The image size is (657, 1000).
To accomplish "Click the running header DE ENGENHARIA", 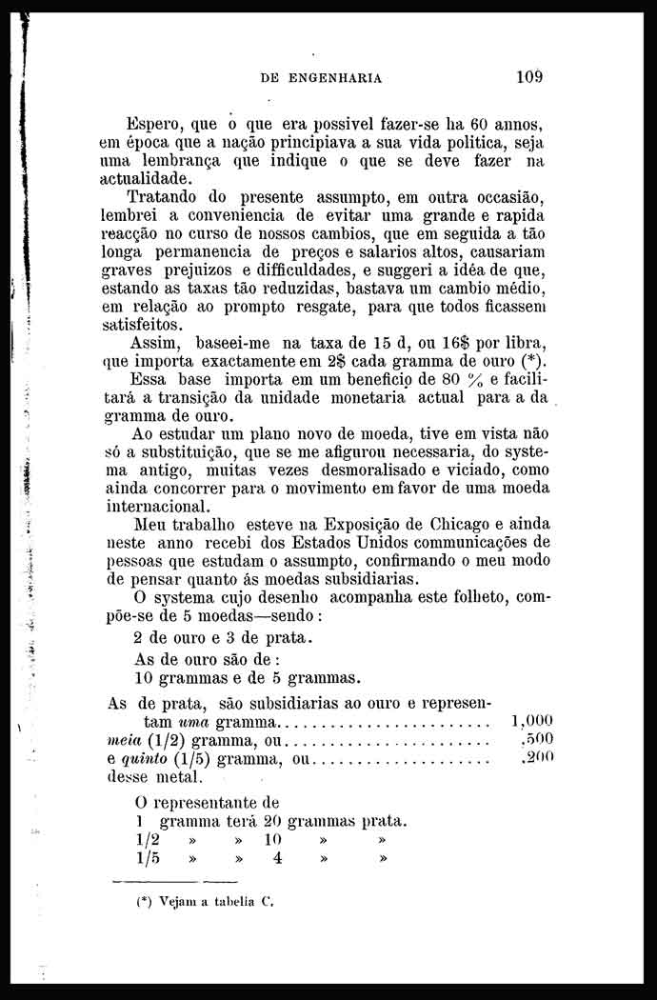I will [321, 79].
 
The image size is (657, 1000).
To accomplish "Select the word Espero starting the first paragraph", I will [156, 124].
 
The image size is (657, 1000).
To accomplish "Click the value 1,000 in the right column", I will [531, 721].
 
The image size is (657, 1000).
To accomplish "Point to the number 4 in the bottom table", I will [277, 858].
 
